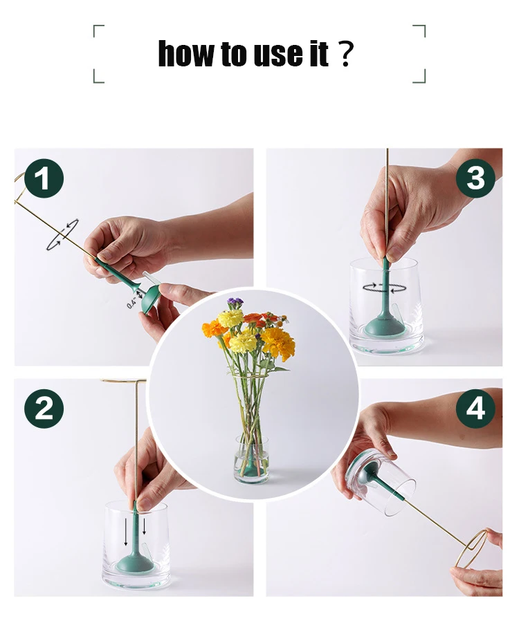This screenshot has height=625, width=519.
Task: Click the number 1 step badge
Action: [44, 178]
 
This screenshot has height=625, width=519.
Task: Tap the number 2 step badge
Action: [44, 409]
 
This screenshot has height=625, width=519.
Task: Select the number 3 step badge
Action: [475, 178]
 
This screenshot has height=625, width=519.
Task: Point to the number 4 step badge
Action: [475, 409]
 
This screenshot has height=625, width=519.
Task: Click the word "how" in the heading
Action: [185, 53]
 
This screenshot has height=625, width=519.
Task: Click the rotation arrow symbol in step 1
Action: [62, 234]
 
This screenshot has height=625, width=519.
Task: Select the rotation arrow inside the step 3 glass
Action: [384, 288]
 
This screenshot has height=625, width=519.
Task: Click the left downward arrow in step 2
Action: [126, 532]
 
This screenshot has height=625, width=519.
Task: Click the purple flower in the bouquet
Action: [235, 303]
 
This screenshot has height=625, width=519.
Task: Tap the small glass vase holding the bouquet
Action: [251, 459]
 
